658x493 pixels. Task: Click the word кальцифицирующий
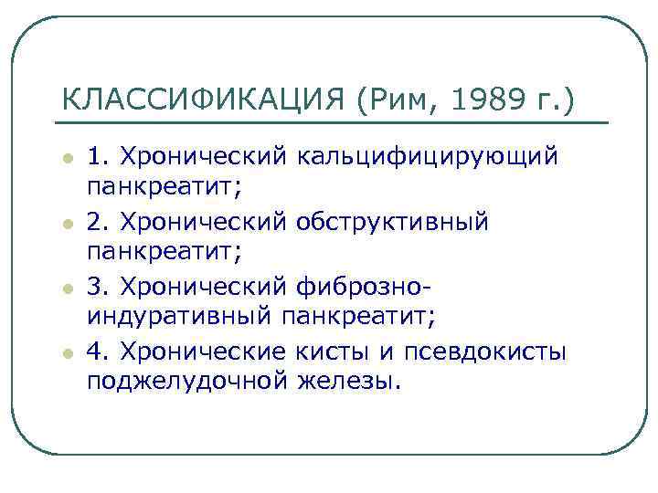point(426,157)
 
